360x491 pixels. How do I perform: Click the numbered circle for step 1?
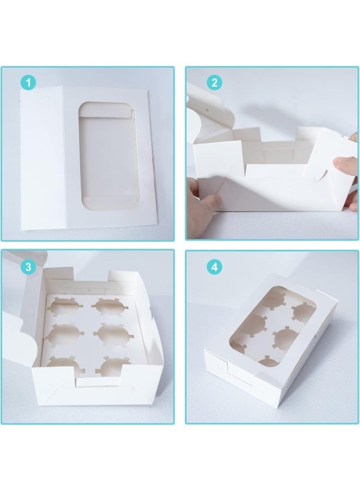(x=28, y=83)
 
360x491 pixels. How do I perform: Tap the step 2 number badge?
(x=214, y=83)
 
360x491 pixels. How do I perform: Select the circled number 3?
(x=28, y=267)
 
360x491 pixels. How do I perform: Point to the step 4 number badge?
(x=214, y=267)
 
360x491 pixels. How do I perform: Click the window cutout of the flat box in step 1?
(x=109, y=155)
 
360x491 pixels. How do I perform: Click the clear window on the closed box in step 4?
(x=273, y=326)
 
